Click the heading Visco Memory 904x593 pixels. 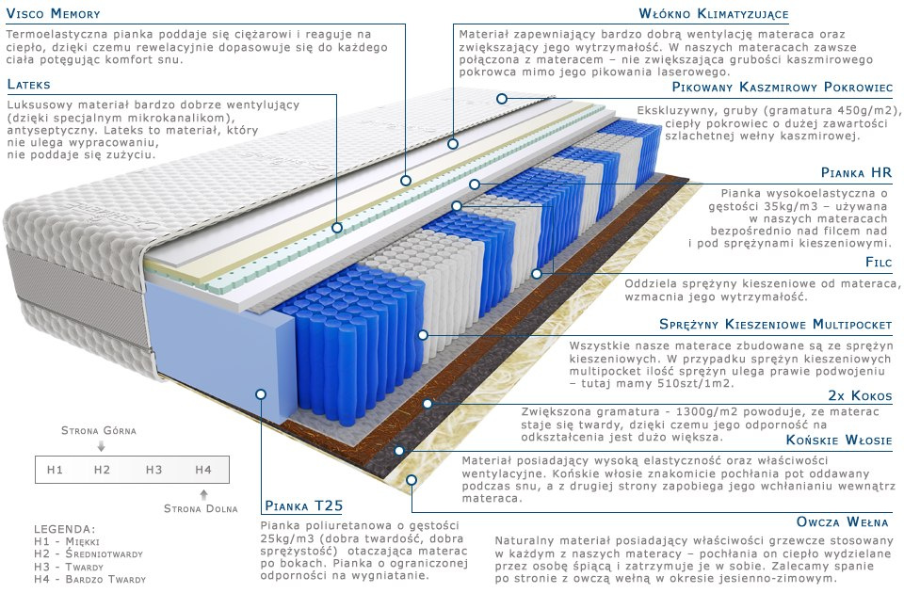coord(53,14)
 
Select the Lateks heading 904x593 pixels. coord(28,85)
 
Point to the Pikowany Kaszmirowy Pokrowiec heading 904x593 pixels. coord(782,87)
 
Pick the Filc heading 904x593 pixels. coord(878,262)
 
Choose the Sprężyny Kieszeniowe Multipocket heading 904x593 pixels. coord(775,324)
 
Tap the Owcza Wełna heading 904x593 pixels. coord(844,521)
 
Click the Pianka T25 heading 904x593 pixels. coord(301,505)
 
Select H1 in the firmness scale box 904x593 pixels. coord(55,469)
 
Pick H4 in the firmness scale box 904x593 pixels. coord(203,469)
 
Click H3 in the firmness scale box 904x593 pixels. coord(153,469)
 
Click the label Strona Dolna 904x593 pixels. coord(201,509)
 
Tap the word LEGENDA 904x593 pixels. coord(64,528)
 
